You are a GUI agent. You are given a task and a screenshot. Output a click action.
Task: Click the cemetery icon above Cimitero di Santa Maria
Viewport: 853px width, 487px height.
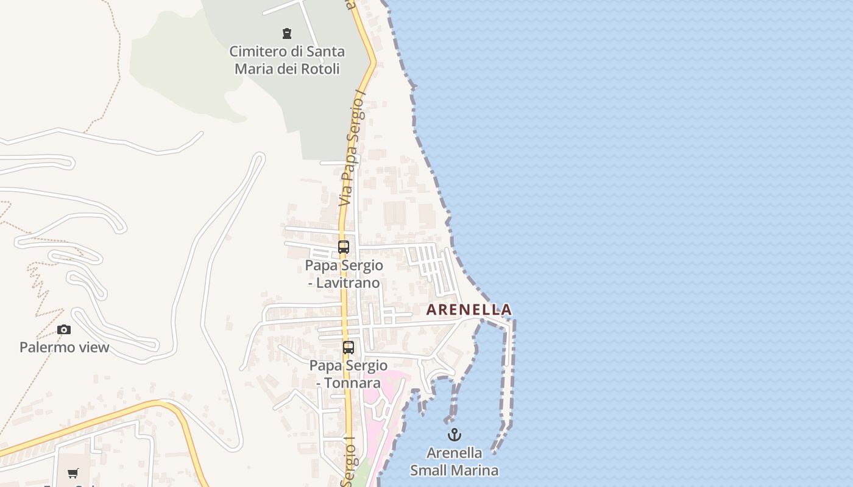point(286,33)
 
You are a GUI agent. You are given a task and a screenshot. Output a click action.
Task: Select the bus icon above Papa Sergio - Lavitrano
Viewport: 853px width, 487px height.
point(344,247)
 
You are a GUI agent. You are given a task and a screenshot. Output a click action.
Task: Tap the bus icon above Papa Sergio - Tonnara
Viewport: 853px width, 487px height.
point(349,348)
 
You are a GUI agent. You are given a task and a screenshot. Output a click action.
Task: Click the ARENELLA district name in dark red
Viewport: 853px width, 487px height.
point(469,310)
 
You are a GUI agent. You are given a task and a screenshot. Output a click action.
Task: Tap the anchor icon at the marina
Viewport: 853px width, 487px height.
point(454,435)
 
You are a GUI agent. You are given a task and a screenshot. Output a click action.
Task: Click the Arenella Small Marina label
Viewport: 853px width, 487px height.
point(454,461)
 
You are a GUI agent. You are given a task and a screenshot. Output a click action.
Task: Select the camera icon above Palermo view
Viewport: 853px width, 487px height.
point(64,330)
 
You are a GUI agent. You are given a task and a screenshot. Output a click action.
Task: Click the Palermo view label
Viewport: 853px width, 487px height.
point(64,348)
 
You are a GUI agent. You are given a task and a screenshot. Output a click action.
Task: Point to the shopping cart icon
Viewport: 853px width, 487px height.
point(73,473)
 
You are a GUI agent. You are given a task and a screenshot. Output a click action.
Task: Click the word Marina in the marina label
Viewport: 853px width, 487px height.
point(478,471)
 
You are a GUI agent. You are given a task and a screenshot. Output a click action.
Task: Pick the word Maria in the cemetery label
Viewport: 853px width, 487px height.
point(254,69)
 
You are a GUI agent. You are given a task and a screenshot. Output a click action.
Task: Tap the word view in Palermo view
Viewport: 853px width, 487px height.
point(95,348)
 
